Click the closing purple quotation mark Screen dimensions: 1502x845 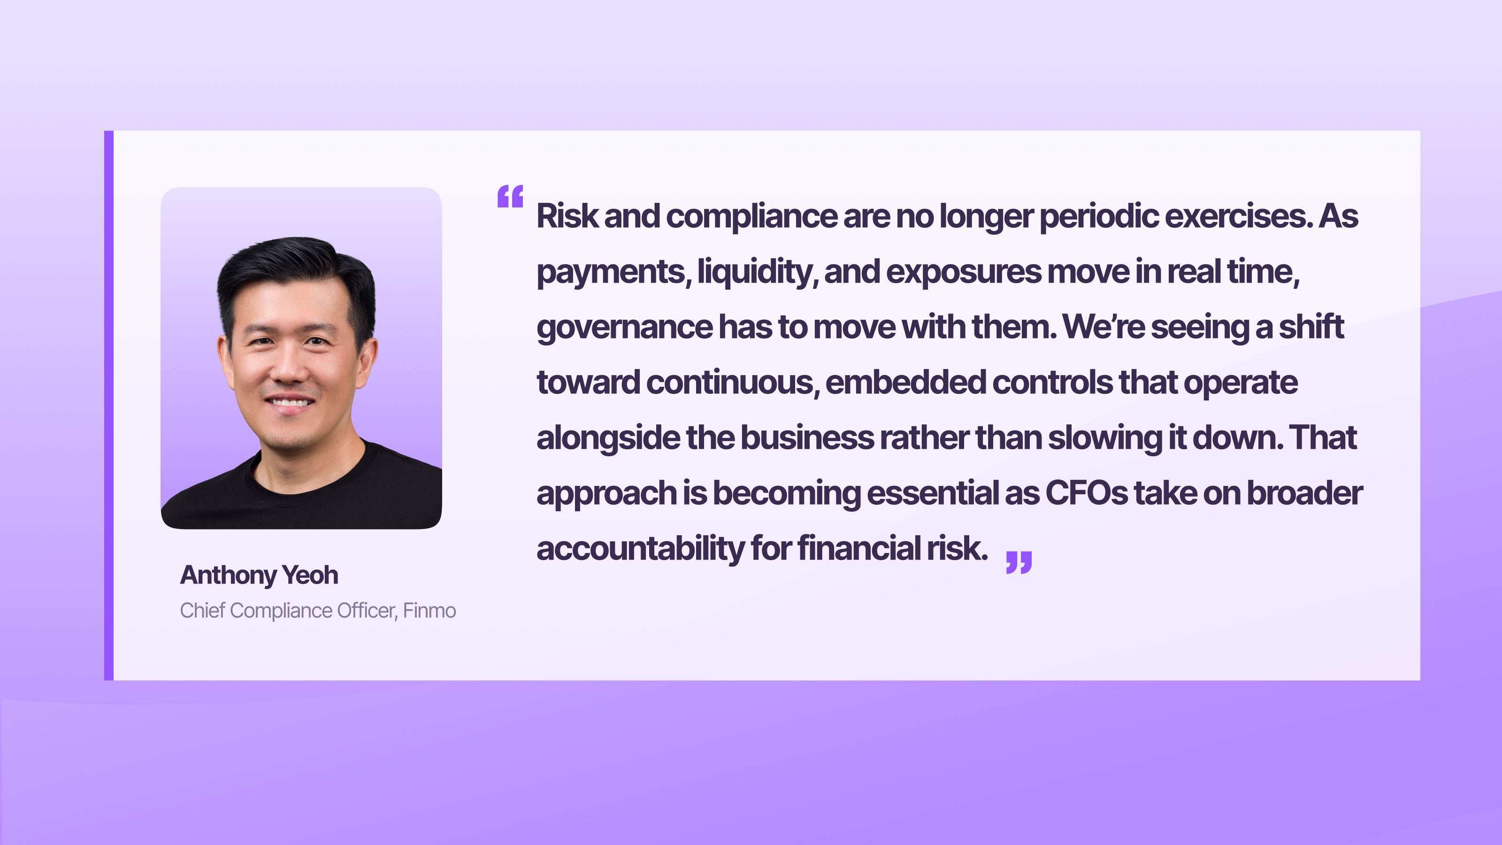click(x=1019, y=562)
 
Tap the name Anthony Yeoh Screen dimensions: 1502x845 click(x=259, y=575)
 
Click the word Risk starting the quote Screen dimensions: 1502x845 click(x=567, y=216)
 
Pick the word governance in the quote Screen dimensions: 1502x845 click(x=624, y=327)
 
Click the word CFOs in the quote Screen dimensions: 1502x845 click(x=1086, y=493)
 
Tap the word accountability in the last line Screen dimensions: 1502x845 click(x=640, y=548)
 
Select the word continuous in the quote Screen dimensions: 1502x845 click(x=732, y=383)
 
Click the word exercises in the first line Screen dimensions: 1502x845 click(x=1239, y=216)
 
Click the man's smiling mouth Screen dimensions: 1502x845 click(x=290, y=403)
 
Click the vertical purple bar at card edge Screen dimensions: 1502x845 click(x=109, y=405)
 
